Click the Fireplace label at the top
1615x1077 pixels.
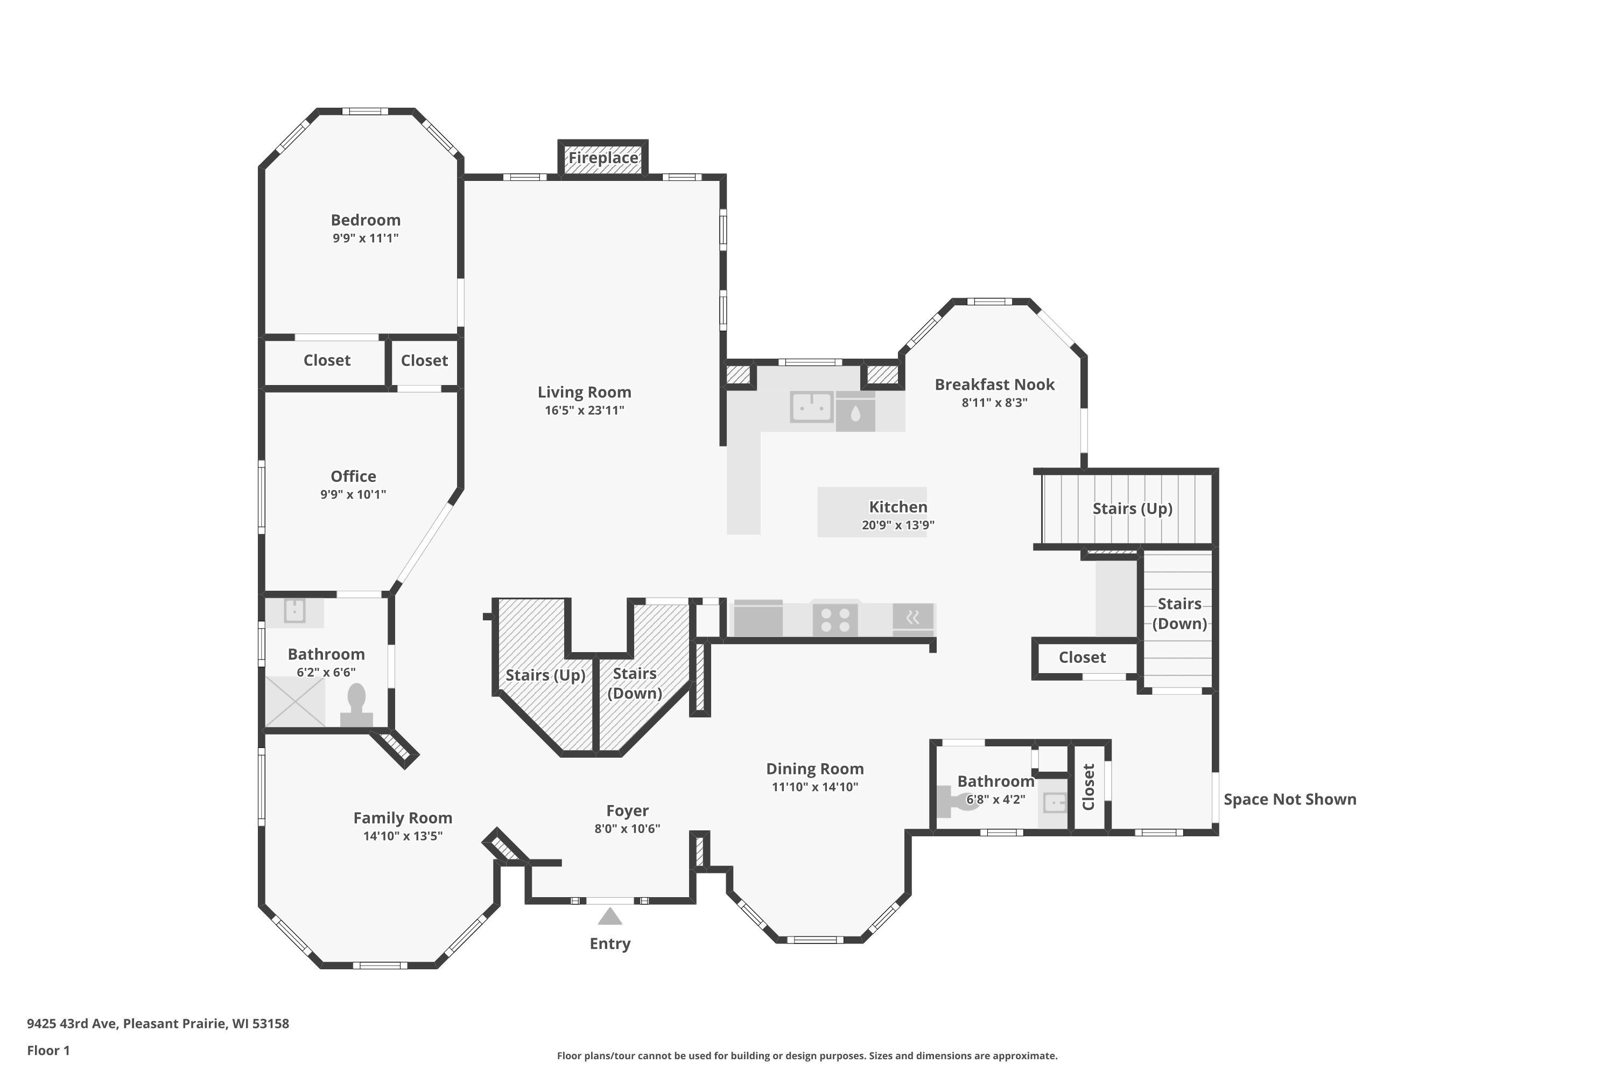[x=603, y=158]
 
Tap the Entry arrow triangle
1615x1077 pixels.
[x=610, y=917]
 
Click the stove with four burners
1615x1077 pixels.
[x=835, y=620]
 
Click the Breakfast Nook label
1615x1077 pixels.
[x=994, y=384]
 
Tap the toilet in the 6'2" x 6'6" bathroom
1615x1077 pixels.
[x=356, y=705]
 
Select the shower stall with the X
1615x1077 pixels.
[x=295, y=701]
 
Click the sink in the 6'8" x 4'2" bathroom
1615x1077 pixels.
[x=1054, y=802]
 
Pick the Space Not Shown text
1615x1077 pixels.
[x=1289, y=800]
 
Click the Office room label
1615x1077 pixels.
[x=354, y=477]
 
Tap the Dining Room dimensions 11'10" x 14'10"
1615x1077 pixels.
[x=815, y=787]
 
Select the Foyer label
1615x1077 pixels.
[x=628, y=811]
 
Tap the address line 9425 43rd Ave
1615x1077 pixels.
[x=158, y=1024]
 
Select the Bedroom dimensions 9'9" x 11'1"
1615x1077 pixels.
[x=366, y=239]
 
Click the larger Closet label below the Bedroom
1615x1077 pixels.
[x=327, y=361]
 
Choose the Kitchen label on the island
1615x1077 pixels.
[x=898, y=507]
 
